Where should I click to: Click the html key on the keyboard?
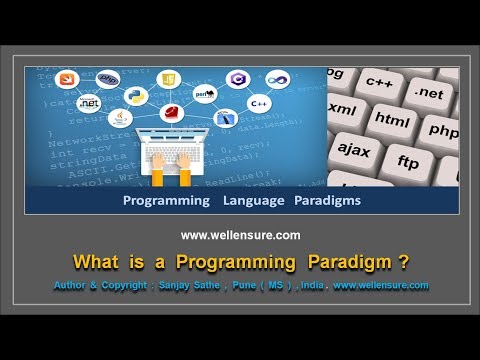[392, 117]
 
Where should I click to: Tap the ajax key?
[354, 149]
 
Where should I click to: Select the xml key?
[342, 107]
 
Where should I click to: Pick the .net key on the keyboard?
[427, 93]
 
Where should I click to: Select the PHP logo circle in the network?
[109, 79]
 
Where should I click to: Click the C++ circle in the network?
[259, 103]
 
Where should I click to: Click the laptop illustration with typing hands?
[175, 150]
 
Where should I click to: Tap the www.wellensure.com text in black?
[240, 236]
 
